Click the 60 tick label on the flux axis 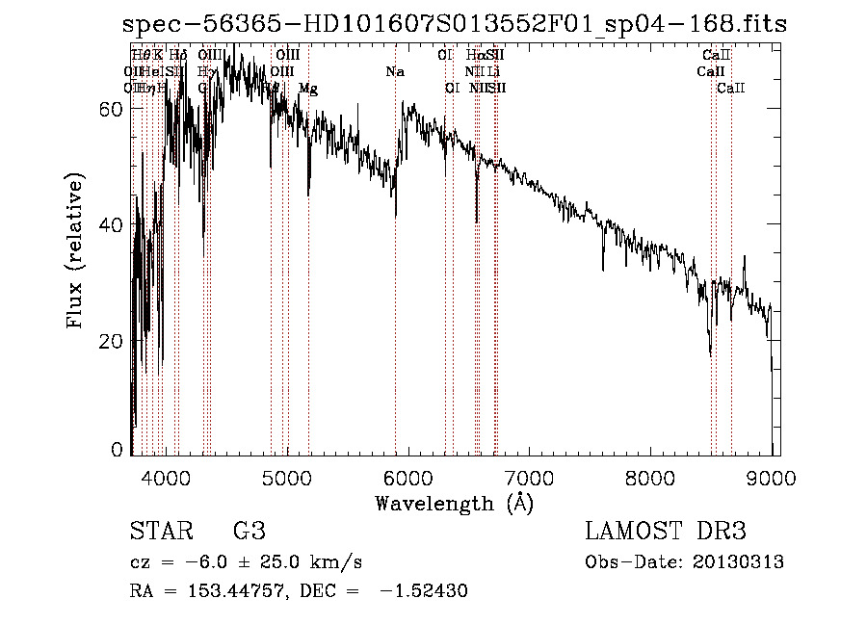(x=113, y=110)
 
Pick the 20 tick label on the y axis (x=113, y=341)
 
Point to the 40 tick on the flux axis (x=113, y=225)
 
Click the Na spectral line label (x=394, y=71)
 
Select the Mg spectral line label (x=308, y=89)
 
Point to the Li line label (x=493, y=71)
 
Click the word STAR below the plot (x=160, y=532)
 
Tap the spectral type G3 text (x=249, y=532)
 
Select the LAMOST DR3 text (x=666, y=532)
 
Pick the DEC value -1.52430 (x=423, y=591)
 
